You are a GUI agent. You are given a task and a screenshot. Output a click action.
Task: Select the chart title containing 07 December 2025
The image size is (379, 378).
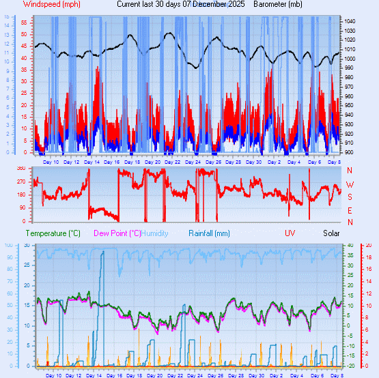(x=181, y=4)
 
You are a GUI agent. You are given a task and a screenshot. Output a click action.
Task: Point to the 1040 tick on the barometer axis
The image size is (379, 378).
(x=350, y=22)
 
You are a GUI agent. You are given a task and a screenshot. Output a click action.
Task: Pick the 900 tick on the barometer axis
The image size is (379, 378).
(x=350, y=152)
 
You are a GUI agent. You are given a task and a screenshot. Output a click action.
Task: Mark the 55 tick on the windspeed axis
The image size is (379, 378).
(x=23, y=22)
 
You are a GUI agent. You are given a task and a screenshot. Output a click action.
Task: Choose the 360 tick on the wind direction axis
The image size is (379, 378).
(x=21, y=169)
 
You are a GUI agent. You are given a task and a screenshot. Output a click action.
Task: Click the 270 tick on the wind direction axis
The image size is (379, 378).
(x=21, y=182)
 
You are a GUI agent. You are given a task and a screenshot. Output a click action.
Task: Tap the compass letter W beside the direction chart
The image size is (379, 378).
(x=350, y=184)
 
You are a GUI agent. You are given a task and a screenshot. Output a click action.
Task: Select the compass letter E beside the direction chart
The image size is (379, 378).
(x=350, y=210)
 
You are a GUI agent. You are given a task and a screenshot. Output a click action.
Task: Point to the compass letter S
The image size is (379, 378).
(x=350, y=197)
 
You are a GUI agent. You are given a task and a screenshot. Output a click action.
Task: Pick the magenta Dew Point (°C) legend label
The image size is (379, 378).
(x=117, y=233)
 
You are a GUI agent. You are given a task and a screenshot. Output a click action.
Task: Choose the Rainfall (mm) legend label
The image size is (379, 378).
(x=210, y=233)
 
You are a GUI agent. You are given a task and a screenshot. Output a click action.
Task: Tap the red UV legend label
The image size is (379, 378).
(x=290, y=233)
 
